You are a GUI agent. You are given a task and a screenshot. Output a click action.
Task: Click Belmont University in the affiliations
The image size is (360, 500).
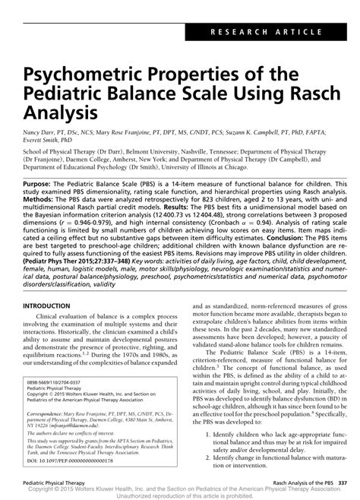pos(178,151)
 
